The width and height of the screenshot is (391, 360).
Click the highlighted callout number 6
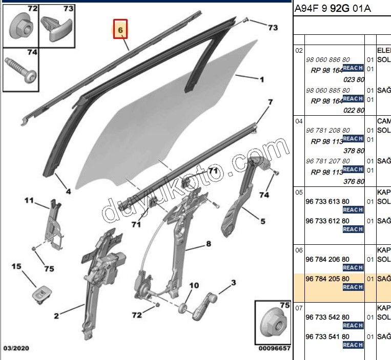tap(120, 31)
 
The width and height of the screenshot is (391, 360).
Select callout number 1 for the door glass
tap(262, 79)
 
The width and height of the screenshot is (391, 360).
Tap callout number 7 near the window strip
tap(271, 103)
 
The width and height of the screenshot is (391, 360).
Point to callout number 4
tap(68, 193)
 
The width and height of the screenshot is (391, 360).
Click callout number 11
tap(28, 200)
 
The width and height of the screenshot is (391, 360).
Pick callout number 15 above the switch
tap(17, 266)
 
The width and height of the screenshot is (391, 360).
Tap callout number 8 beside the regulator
tap(209, 244)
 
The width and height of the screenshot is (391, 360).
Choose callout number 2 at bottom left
tap(56, 316)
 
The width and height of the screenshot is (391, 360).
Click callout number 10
tap(194, 286)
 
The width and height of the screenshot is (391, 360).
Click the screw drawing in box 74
tap(21, 70)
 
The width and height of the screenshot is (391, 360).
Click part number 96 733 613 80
tap(327, 202)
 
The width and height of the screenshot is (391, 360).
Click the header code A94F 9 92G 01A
tap(333, 9)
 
